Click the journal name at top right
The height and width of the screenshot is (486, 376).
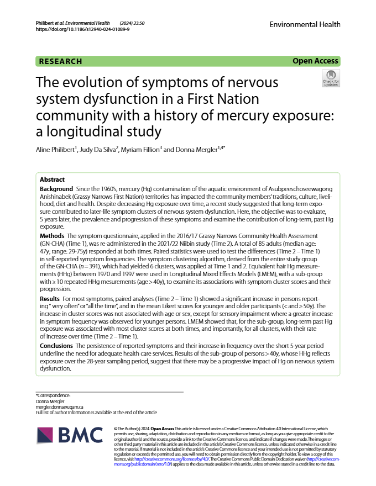point(305,24)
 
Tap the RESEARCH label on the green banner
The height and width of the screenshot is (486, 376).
point(61,61)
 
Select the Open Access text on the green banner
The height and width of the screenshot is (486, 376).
point(315,61)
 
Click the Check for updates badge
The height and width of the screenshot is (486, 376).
point(331,79)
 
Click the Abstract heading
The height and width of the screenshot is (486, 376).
point(53,180)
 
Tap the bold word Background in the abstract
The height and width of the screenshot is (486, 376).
point(56,189)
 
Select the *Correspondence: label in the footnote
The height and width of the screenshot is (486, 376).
point(53,395)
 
